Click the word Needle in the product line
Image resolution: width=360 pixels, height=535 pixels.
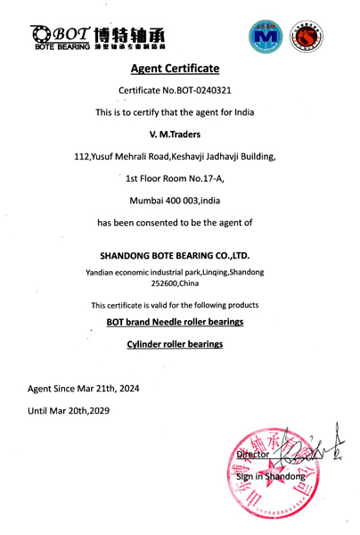[x=163, y=321]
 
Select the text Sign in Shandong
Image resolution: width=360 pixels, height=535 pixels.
[x=269, y=476]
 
